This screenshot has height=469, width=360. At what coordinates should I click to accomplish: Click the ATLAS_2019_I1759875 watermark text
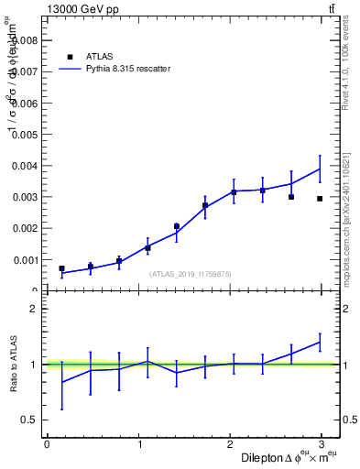click(x=191, y=274)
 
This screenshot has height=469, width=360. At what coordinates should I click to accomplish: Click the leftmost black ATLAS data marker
click(x=61, y=268)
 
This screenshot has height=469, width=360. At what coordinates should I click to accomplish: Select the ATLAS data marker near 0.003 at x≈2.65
click(x=291, y=197)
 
